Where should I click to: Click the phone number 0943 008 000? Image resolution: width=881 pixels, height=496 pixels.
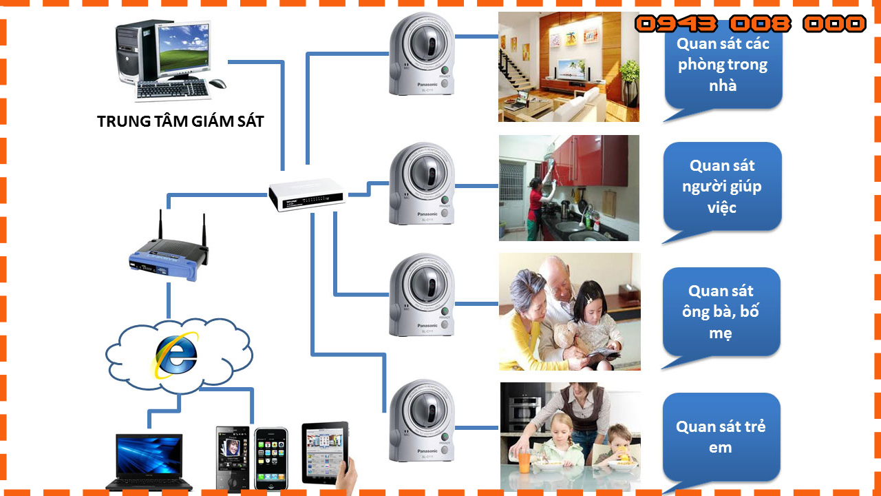tap(750, 24)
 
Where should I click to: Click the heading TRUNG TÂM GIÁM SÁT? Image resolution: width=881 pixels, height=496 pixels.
tap(180, 122)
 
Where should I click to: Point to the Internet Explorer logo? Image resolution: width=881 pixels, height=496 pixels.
tap(176, 355)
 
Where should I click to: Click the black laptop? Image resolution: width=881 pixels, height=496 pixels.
tap(149, 462)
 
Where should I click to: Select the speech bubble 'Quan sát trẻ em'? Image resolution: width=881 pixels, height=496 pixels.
tap(721, 437)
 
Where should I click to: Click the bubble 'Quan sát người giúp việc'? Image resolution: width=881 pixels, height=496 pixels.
tap(722, 186)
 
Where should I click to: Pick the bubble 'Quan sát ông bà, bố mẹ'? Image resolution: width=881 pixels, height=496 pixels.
tap(721, 312)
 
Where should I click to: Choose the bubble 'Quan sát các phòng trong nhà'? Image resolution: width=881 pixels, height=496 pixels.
tap(723, 65)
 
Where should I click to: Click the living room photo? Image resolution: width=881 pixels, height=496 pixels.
tap(569, 67)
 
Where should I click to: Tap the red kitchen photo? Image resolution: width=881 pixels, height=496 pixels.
tap(569, 188)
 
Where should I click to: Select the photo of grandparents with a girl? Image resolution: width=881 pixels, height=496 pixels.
tap(569, 311)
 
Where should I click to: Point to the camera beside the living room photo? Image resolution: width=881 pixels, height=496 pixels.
tap(422, 55)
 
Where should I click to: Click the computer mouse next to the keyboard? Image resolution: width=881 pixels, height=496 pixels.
tap(217, 84)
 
